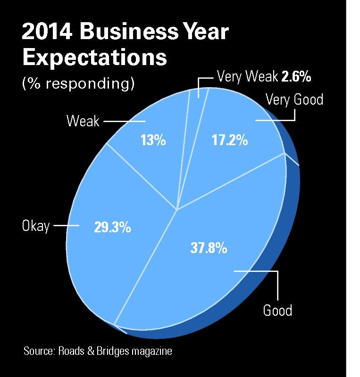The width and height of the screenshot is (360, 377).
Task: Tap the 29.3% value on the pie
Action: coord(111,228)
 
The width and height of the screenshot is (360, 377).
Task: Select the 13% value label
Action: coord(153,140)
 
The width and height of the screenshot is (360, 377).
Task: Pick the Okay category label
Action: coord(35,226)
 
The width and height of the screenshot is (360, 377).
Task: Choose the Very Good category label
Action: coord(294,100)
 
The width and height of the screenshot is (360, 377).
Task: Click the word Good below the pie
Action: coord(277,311)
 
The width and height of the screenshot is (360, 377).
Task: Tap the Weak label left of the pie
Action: coord(83,121)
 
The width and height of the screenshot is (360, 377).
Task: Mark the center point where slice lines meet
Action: coord(177,210)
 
